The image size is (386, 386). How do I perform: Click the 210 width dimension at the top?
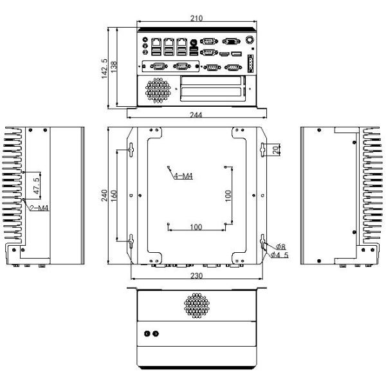198,19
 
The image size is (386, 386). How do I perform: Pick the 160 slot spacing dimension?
115,195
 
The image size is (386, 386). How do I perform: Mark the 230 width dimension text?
198,275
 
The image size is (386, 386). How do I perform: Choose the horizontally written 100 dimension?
196,226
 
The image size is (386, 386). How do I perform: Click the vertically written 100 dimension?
228,196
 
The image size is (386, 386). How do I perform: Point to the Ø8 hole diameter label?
281,246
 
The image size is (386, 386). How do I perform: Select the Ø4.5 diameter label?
279,255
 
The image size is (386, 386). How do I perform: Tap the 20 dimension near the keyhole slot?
276,150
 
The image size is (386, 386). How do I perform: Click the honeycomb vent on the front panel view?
156,91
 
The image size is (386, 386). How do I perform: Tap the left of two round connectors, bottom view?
147,335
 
